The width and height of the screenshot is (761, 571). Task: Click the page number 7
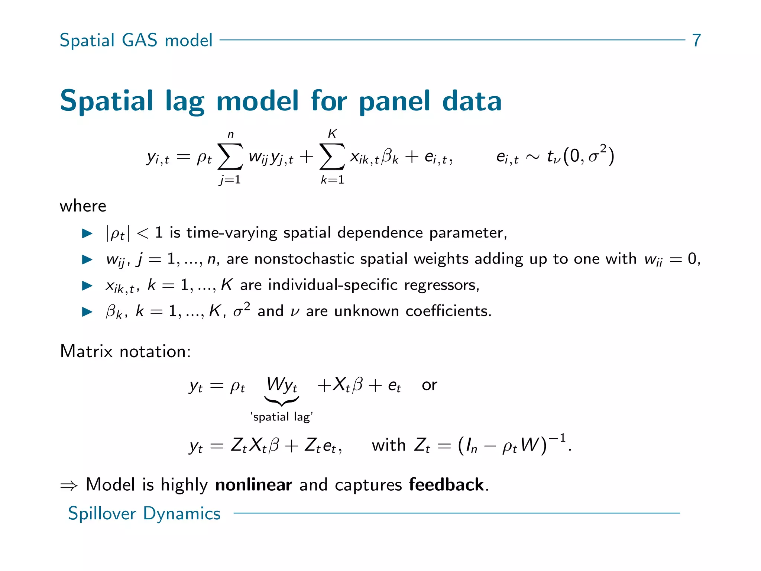click(x=696, y=40)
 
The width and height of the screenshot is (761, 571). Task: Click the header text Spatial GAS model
click(x=136, y=40)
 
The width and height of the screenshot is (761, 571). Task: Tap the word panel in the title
click(x=394, y=101)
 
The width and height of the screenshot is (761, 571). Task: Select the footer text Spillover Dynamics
click(x=144, y=513)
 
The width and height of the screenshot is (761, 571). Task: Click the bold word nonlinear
click(x=253, y=485)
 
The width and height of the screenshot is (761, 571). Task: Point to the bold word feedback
click(x=446, y=485)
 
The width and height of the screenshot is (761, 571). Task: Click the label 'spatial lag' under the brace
click(x=282, y=417)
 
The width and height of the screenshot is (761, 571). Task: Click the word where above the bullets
click(x=83, y=206)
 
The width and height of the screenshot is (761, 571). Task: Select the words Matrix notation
click(x=125, y=351)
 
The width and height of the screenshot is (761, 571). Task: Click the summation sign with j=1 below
click(x=230, y=157)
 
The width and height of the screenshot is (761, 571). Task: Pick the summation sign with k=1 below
click(x=332, y=157)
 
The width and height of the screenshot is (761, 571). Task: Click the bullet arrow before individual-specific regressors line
click(x=87, y=285)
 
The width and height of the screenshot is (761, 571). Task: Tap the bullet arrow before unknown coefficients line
click(x=87, y=312)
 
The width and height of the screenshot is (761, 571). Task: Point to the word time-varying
click(x=231, y=233)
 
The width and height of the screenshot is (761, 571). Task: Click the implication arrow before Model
click(x=69, y=485)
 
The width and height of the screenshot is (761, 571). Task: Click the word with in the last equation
click(x=388, y=445)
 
